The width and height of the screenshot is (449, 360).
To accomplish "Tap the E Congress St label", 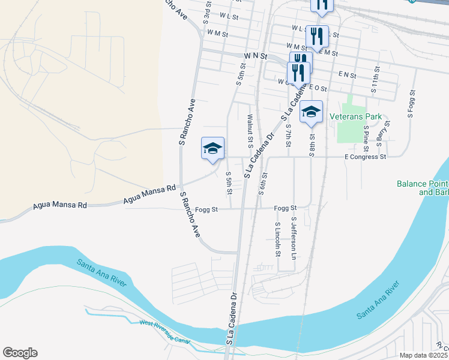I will click(x=364, y=157).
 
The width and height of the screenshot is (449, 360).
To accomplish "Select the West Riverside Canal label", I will click(x=165, y=332).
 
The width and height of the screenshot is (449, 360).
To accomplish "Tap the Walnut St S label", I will click(x=250, y=131).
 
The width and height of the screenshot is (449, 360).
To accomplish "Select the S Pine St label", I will click(x=366, y=136).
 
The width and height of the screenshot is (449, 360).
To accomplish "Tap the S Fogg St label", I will click(x=412, y=103).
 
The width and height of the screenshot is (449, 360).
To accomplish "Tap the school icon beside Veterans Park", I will click(x=312, y=112).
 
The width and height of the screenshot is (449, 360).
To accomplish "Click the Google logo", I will click(x=20, y=353).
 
